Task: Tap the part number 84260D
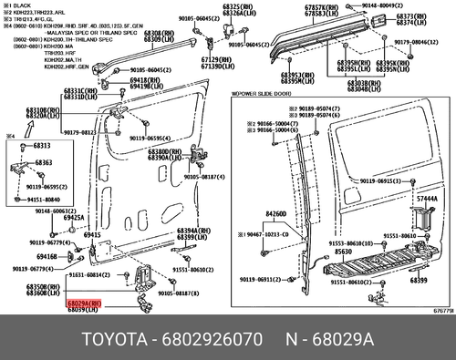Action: tap(276, 215)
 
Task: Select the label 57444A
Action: tap(428, 199)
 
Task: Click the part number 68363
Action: tap(44, 161)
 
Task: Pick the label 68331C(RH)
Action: tap(79, 90)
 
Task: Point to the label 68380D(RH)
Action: tap(171, 150)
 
